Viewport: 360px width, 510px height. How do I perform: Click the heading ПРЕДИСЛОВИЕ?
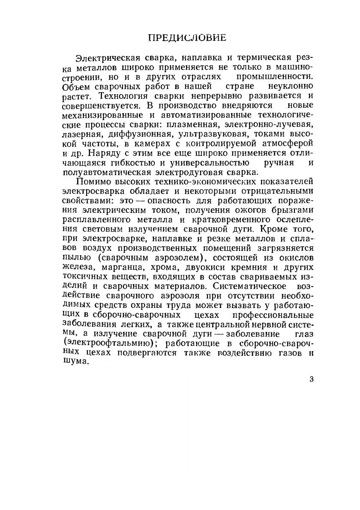pos(187,38)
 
